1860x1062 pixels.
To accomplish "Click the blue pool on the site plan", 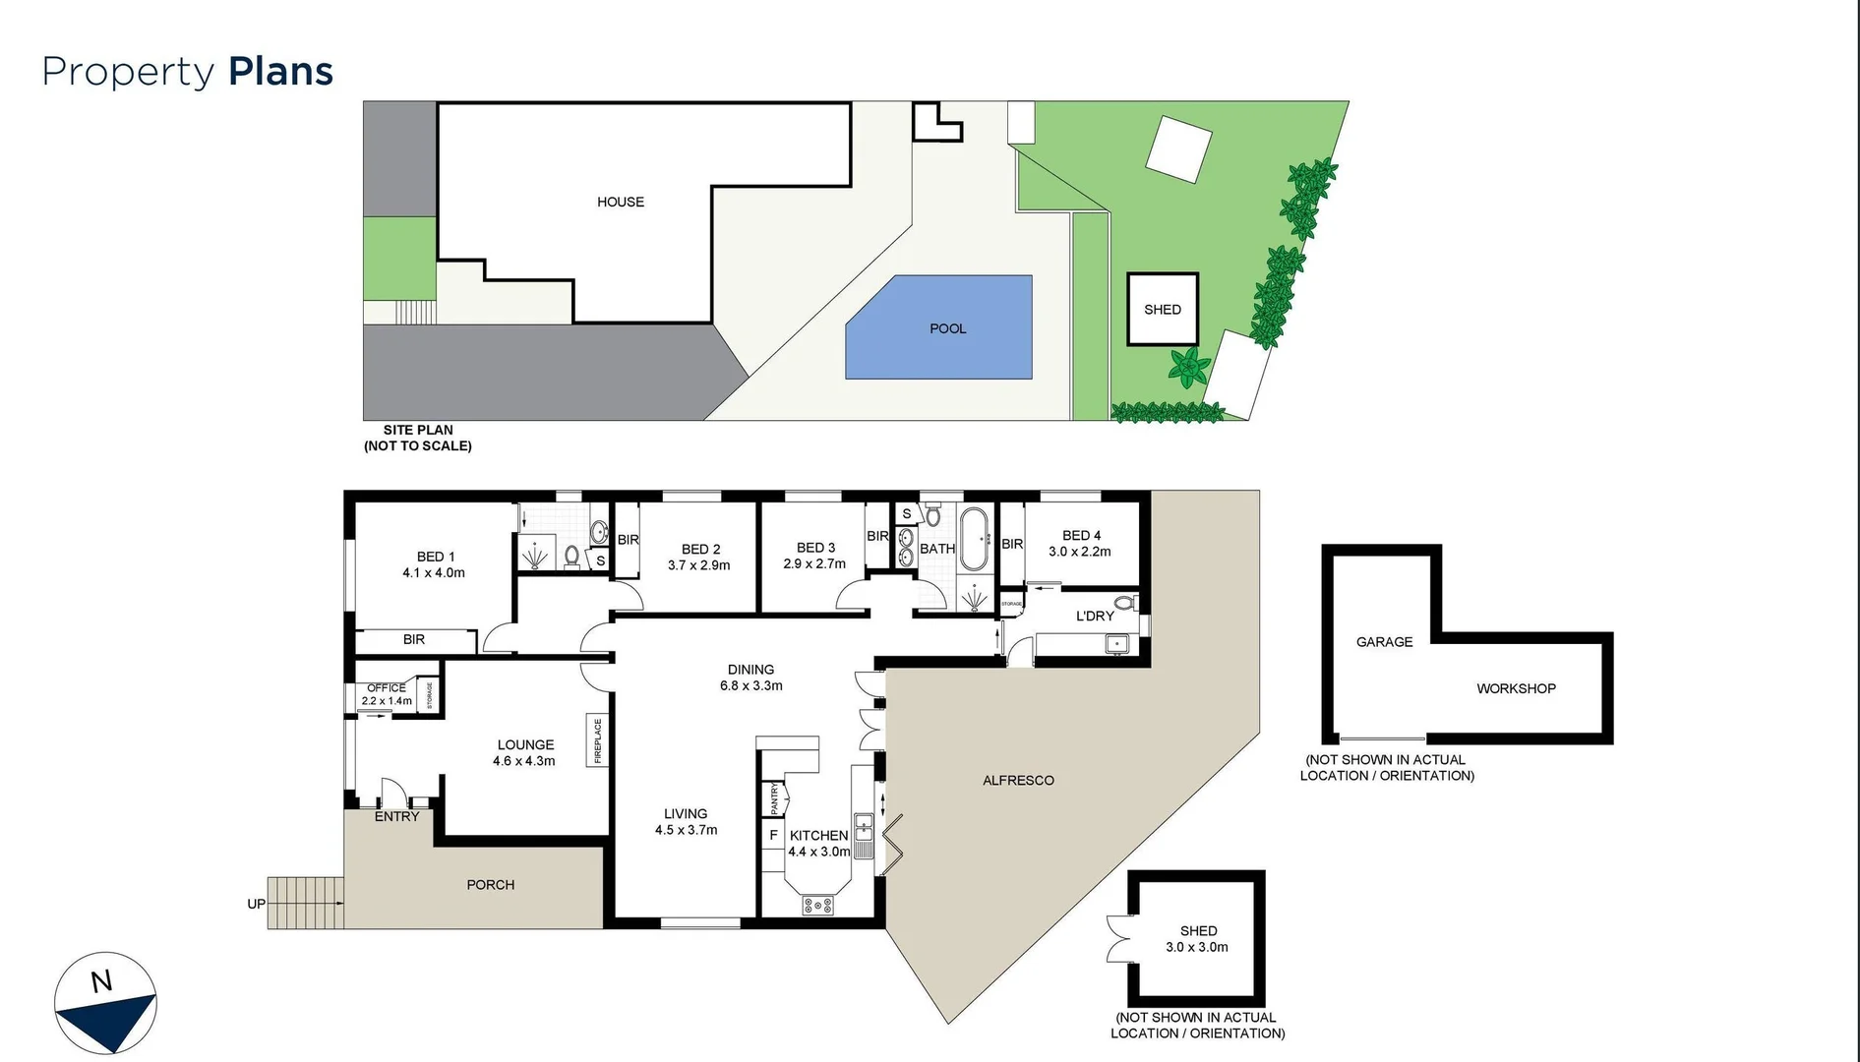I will tap(939, 327).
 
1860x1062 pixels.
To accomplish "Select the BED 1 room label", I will tap(436, 557).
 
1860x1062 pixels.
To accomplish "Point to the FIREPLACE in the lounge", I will tap(597, 739).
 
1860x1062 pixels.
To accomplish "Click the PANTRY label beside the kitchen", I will tap(774, 797).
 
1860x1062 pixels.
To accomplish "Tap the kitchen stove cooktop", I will tap(817, 905).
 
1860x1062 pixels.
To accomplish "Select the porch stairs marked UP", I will tap(306, 903).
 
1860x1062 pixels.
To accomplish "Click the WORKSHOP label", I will tap(1516, 688).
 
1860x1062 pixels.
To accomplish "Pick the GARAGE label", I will tap(1384, 642).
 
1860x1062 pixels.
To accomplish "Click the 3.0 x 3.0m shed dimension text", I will tap(1197, 947).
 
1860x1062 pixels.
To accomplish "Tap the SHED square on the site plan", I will tap(1163, 309).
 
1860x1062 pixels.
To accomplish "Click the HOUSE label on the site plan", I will tap(621, 202).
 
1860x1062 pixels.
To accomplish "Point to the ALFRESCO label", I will tap(1018, 780).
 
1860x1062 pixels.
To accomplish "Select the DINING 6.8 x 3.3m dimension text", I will tap(750, 685).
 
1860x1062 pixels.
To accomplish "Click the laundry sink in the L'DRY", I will tap(1117, 644).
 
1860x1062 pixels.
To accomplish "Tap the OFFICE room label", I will tap(387, 688).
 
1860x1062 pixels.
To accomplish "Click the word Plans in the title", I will tap(280, 72).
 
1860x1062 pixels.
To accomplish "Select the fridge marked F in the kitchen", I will tap(773, 835).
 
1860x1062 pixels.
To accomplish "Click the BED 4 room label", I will tap(1081, 535).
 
